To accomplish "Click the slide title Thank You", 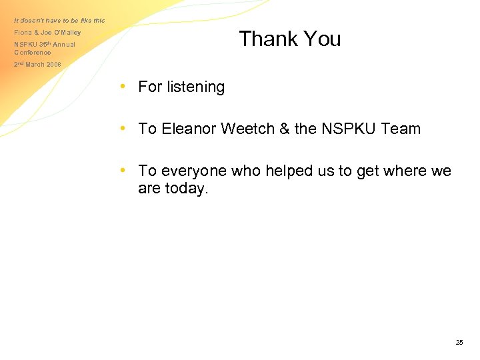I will (x=289, y=39).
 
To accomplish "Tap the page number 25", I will (x=459, y=343).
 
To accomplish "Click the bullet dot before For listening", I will (x=123, y=86).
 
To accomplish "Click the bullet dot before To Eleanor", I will (x=123, y=128).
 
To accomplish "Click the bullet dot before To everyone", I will (x=123, y=171).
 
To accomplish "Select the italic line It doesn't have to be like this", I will (x=59, y=20).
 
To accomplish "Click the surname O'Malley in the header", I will (x=67, y=33).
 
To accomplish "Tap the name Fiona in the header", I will (x=23, y=33).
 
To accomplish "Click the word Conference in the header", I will (x=33, y=53).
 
